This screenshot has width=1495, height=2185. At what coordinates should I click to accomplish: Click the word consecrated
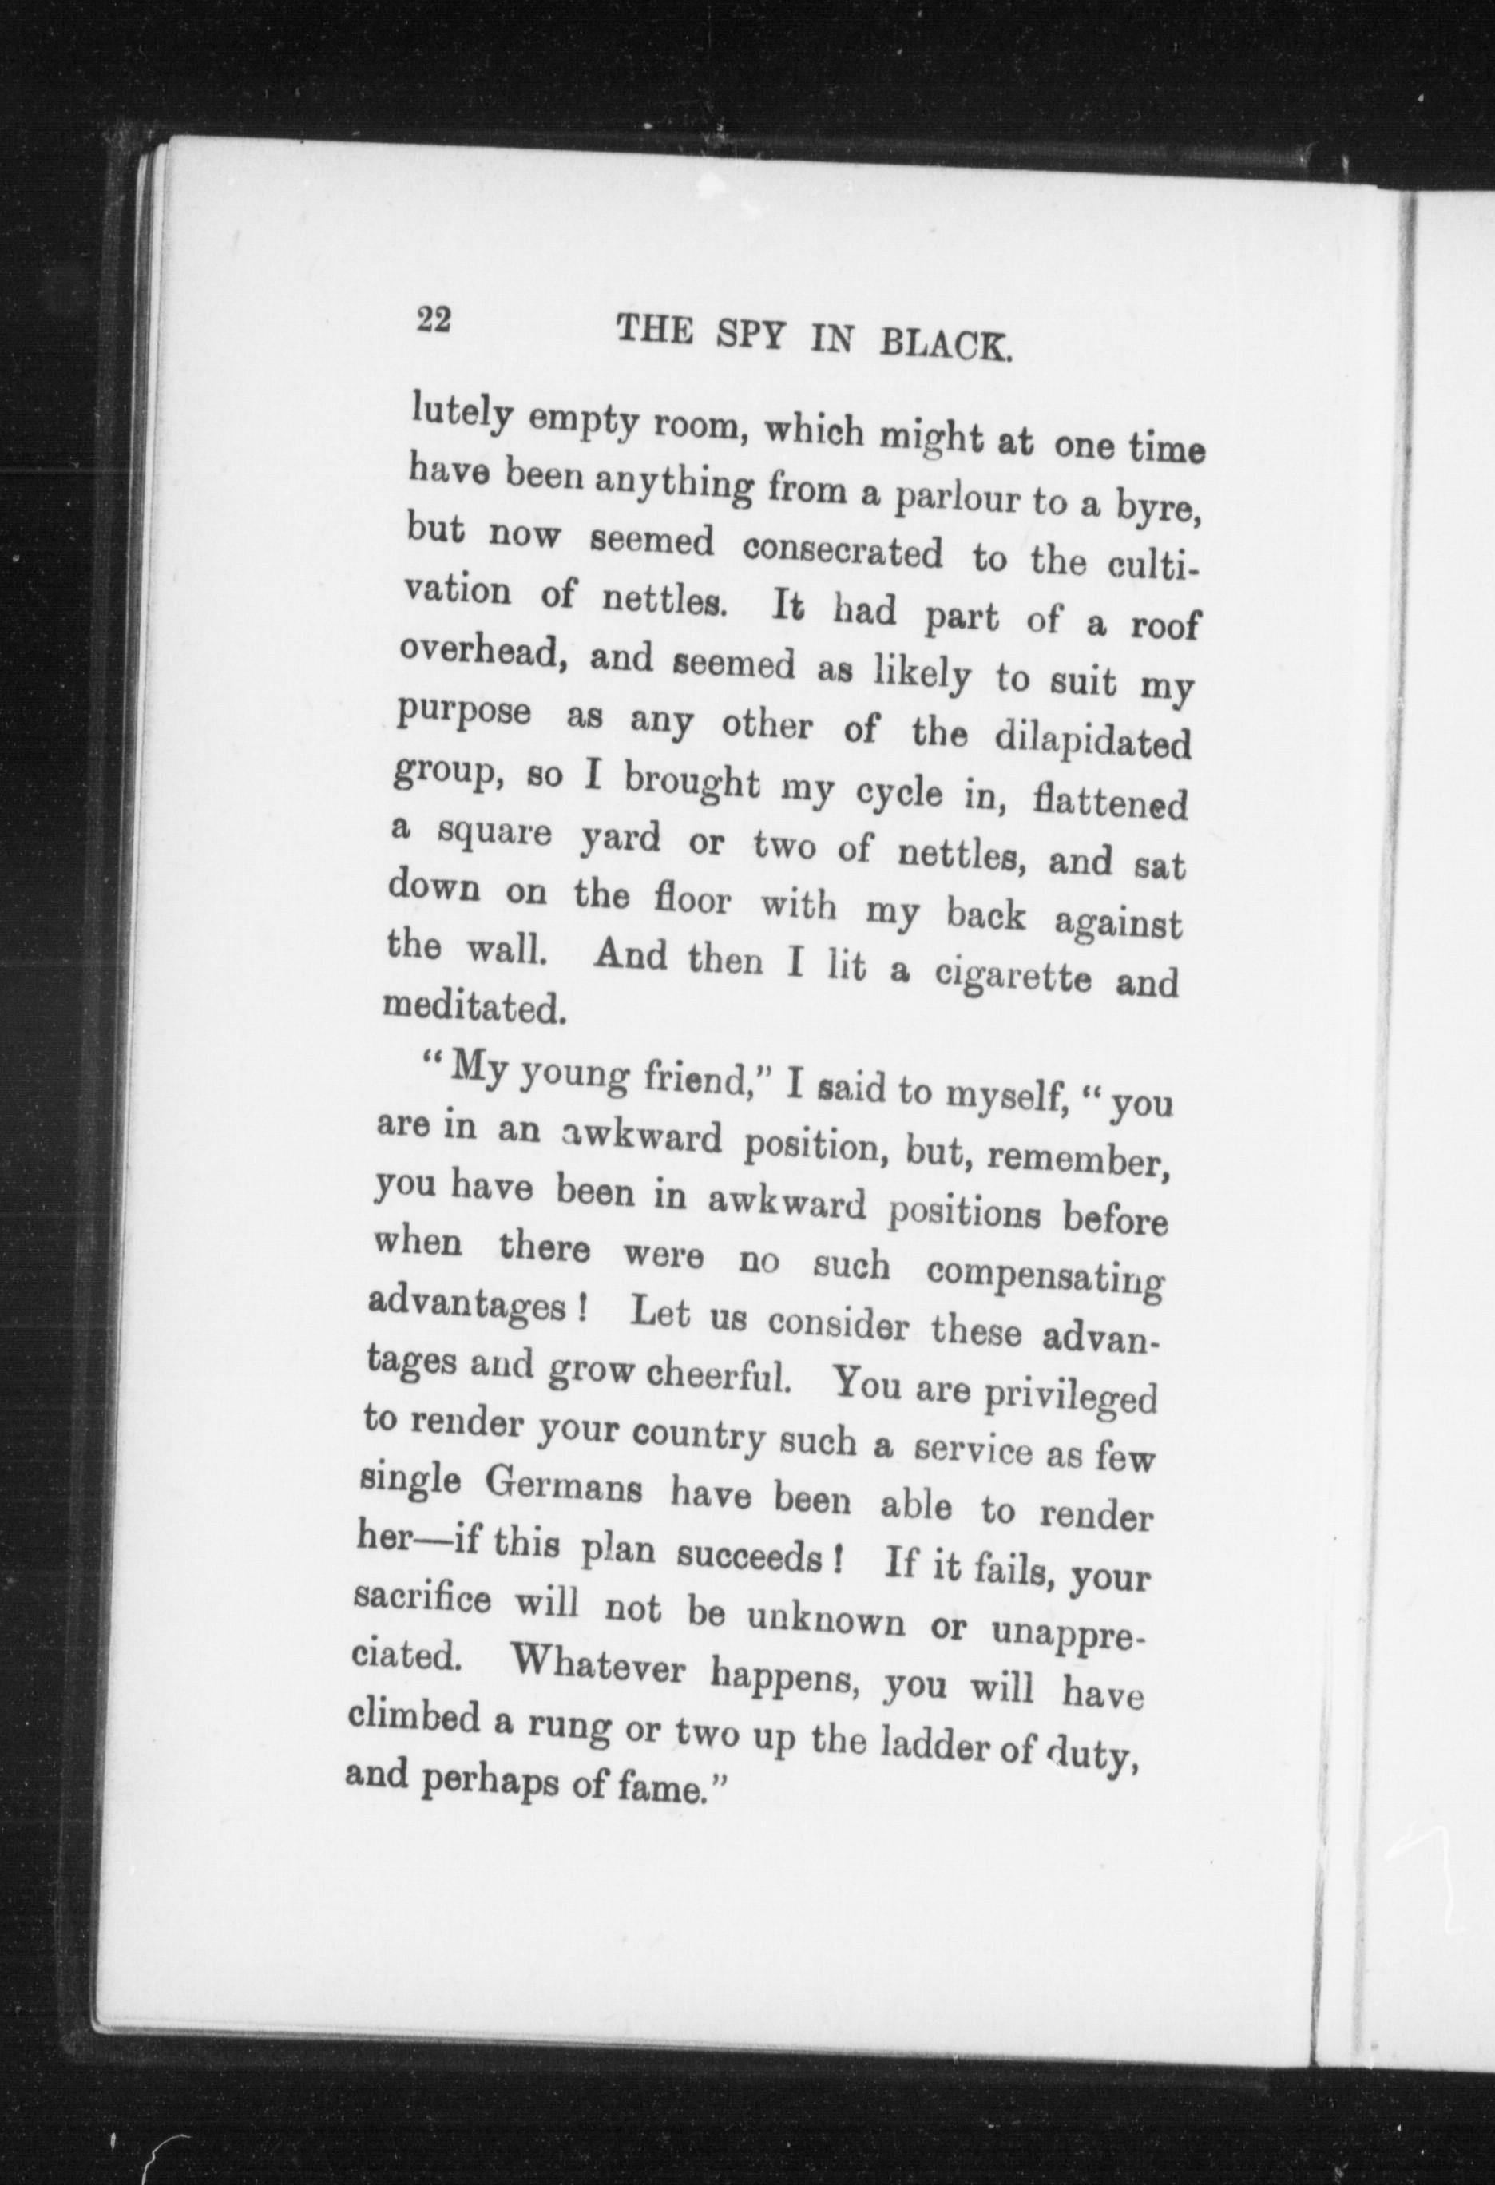843,552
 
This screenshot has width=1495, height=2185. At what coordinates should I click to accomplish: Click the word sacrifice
423,1600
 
